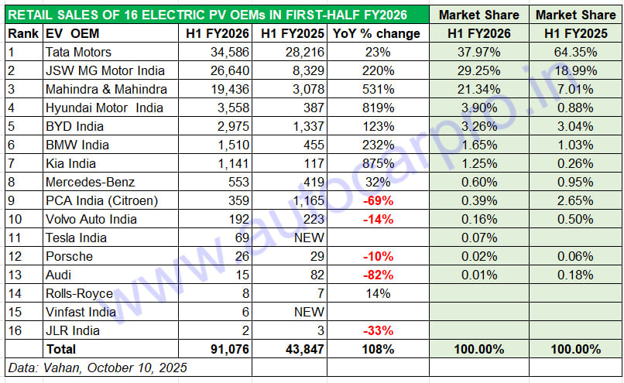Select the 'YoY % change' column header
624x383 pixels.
tap(375, 33)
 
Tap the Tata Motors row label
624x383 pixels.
tap(78, 53)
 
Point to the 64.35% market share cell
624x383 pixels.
tap(576, 53)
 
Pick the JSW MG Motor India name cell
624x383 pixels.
tap(105, 71)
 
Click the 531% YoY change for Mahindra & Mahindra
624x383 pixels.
tap(376, 90)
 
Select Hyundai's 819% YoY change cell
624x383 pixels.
tap(376, 108)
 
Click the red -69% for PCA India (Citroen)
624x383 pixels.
tap(376, 201)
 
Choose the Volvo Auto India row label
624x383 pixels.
tap(91, 220)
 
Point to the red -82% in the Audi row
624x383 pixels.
tap(376, 275)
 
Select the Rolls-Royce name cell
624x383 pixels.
tap(80, 294)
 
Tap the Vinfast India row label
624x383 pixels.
tap(81, 313)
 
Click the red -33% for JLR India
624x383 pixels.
tap(376, 331)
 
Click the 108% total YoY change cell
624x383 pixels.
tap(376, 350)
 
